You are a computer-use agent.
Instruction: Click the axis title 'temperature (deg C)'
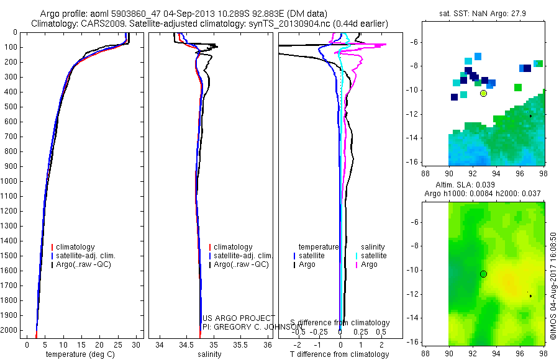(78, 354)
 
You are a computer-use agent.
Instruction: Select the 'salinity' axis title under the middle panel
(209, 354)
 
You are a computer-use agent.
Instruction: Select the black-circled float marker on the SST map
(483, 93)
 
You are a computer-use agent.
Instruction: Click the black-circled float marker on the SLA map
(483, 274)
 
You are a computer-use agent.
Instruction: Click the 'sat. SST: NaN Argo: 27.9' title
(484, 14)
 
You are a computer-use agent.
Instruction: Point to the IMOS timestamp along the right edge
(552, 286)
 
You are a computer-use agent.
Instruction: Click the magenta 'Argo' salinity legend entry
(369, 264)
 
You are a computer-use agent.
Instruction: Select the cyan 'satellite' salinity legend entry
(374, 256)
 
